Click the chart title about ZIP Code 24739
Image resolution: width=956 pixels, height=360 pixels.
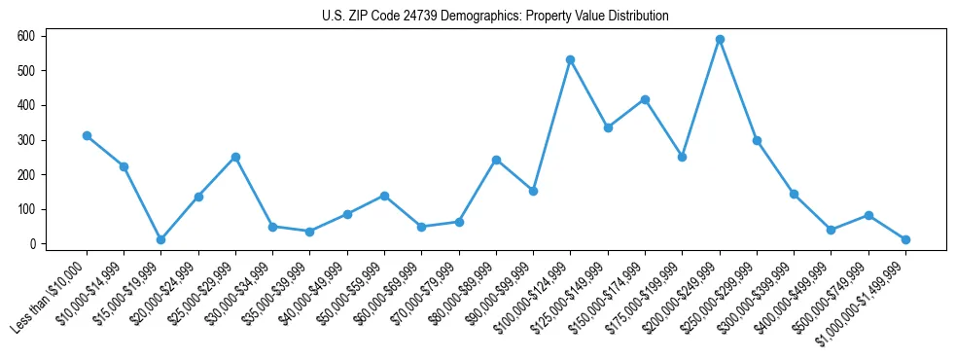pos(495,17)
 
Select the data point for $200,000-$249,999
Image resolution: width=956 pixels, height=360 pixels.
pos(720,40)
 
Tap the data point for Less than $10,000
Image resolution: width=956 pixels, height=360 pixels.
pos(87,136)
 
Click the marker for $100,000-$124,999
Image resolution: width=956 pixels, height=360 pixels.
pos(570,60)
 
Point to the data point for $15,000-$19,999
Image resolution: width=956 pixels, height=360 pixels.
pos(161,239)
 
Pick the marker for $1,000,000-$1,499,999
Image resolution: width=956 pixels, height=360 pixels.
pos(905,239)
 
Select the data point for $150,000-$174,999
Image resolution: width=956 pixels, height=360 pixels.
pos(645,99)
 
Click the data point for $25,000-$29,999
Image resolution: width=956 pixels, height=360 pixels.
pos(235,157)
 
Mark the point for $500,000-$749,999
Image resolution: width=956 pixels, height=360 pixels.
pos(868,215)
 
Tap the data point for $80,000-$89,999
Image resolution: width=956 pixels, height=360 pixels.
pos(496,160)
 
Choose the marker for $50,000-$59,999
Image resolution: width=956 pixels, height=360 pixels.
pos(384,196)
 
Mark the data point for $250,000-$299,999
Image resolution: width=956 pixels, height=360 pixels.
pos(757,141)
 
